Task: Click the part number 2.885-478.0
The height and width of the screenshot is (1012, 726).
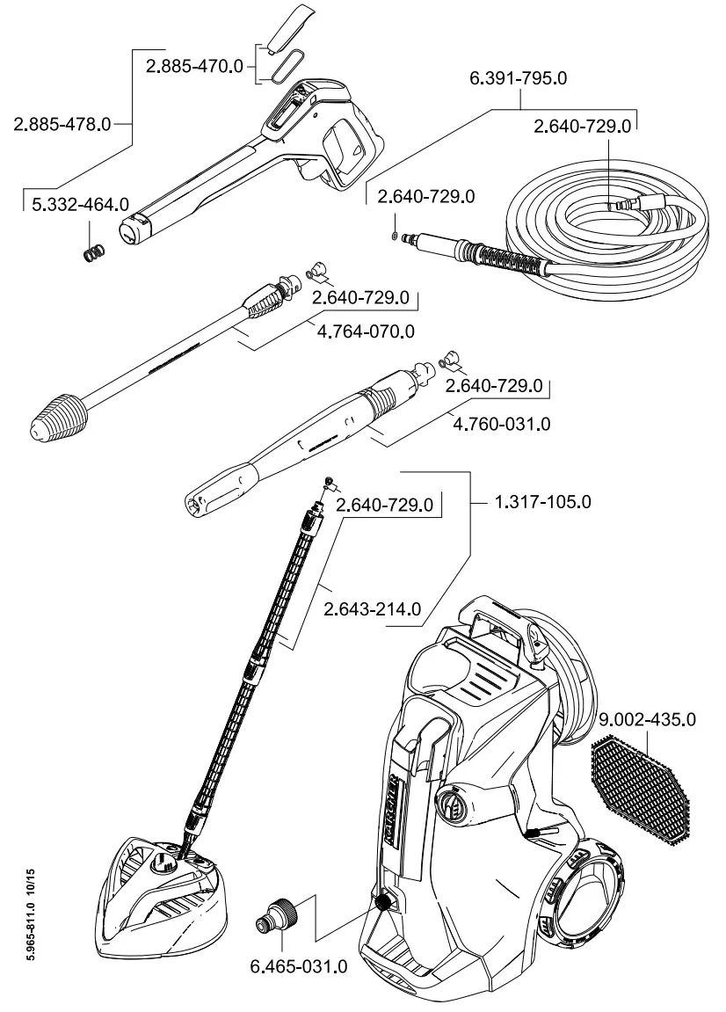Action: [x=62, y=124]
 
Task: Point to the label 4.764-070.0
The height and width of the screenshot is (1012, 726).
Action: [x=363, y=331]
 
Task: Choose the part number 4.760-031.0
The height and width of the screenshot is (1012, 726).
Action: [x=501, y=424]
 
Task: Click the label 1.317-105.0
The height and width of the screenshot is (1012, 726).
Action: [x=543, y=502]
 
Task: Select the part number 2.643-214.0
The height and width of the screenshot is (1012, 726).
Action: [x=374, y=608]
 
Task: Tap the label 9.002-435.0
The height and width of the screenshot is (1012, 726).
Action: [x=649, y=720]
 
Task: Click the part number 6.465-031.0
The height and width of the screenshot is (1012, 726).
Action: [x=300, y=966]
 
